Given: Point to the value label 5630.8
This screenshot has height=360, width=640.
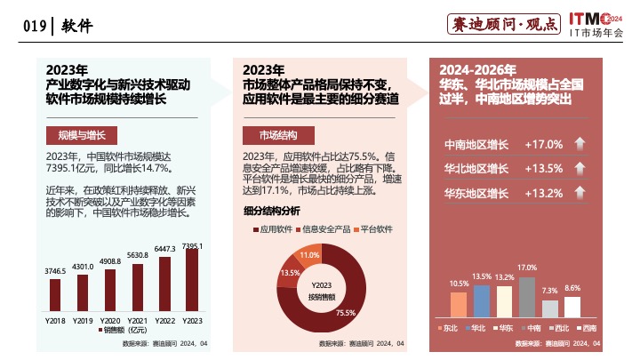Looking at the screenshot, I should (137, 255).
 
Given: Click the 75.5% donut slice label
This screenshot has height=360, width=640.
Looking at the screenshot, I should (345, 312).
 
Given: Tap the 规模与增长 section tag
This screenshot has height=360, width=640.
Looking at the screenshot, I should (76, 135).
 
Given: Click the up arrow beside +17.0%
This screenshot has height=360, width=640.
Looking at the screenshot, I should (580, 144).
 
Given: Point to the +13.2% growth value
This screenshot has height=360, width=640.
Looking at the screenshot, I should (544, 193).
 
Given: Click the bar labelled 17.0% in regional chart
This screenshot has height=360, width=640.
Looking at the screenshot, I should (527, 296).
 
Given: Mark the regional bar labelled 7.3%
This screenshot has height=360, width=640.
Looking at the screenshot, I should (550, 308).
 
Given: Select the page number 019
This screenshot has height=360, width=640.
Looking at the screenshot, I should (35, 26).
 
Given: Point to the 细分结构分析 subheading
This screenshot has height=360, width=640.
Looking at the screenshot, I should (271, 211).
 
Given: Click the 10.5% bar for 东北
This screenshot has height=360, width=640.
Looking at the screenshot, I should (459, 304).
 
